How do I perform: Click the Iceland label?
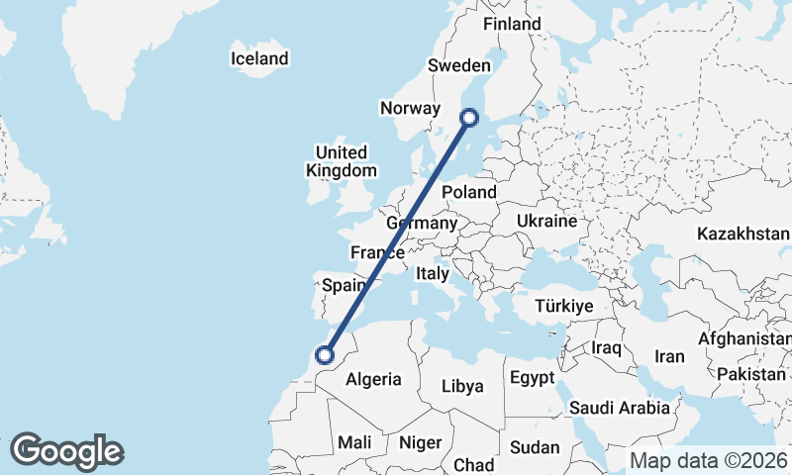259,58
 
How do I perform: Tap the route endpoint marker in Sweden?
469,118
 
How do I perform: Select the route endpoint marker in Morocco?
323,353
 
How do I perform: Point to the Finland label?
512,24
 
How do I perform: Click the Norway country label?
409,107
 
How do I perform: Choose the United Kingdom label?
342,161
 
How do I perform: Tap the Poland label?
469,192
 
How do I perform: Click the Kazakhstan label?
743,235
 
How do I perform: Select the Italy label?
433,273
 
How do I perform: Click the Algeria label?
373,379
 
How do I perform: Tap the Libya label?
462,386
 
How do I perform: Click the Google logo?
66,451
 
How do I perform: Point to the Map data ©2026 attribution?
708,460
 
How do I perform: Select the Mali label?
354,442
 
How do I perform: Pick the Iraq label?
606,348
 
